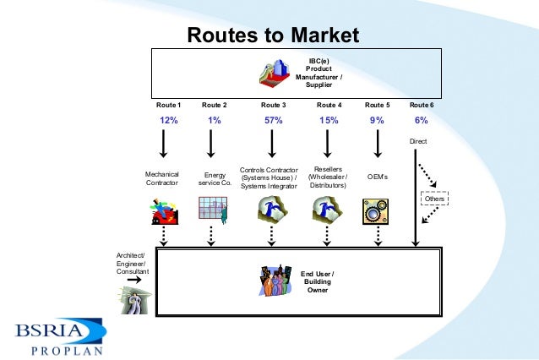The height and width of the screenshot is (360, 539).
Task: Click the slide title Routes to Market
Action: point(272,35)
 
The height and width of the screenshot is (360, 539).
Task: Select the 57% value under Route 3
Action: point(272,121)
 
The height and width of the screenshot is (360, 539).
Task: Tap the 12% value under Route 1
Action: point(169,121)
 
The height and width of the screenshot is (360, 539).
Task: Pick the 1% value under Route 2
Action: point(215,121)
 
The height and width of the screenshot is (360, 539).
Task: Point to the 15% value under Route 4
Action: point(329,121)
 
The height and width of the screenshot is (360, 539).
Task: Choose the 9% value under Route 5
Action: point(377,121)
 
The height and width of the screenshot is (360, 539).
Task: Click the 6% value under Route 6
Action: point(422,121)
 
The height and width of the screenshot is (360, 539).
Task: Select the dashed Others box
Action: point(434,199)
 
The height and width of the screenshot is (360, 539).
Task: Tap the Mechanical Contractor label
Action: point(162,178)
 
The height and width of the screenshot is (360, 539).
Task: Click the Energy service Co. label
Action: point(215,178)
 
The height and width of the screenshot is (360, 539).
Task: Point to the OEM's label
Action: point(378,177)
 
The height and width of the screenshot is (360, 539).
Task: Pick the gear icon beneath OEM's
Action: point(375,211)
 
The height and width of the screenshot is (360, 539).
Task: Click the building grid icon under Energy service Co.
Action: point(213,210)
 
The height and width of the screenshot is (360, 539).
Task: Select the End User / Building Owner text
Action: point(318,282)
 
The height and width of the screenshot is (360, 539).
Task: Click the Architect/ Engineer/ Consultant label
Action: point(132,264)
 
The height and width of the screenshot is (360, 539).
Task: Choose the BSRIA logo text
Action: point(53,330)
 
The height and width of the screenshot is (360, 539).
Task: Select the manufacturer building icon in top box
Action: point(275,74)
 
